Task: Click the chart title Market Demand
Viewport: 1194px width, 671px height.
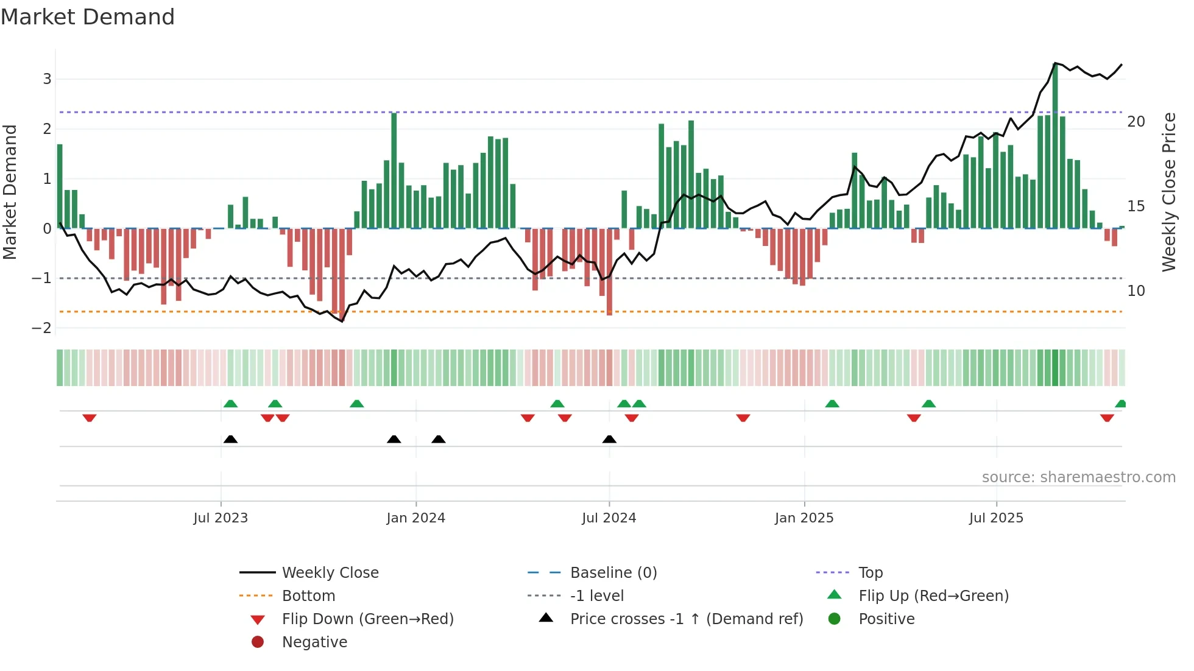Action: tap(88, 17)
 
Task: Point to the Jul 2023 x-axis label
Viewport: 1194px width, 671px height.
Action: tap(221, 518)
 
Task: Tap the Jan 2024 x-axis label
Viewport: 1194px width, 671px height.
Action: tap(416, 518)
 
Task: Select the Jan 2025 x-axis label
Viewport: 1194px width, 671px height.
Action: tap(804, 518)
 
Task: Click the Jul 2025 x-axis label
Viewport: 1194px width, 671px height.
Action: tap(997, 518)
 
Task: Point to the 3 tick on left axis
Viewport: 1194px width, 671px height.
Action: tap(47, 79)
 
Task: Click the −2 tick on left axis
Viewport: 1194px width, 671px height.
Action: tap(42, 328)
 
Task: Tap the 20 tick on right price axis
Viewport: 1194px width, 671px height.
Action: tap(1136, 122)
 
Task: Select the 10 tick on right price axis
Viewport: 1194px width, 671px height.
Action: tap(1136, 291)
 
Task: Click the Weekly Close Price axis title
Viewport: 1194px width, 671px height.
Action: tap(1169, 192)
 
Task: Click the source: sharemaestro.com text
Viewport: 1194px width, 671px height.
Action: tap(1078, 477)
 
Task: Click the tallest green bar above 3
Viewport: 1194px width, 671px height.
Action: tap(1055, 146)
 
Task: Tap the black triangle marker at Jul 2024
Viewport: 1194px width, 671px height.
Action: tap(609, 439)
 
